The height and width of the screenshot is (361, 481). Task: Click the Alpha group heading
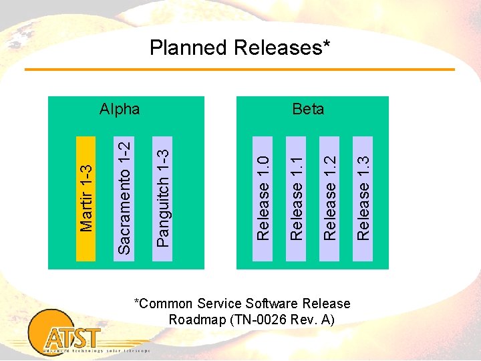coord(120,109)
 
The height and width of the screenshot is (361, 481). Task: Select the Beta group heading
coord(308,109)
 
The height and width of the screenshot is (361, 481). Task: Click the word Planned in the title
coord(188,48)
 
